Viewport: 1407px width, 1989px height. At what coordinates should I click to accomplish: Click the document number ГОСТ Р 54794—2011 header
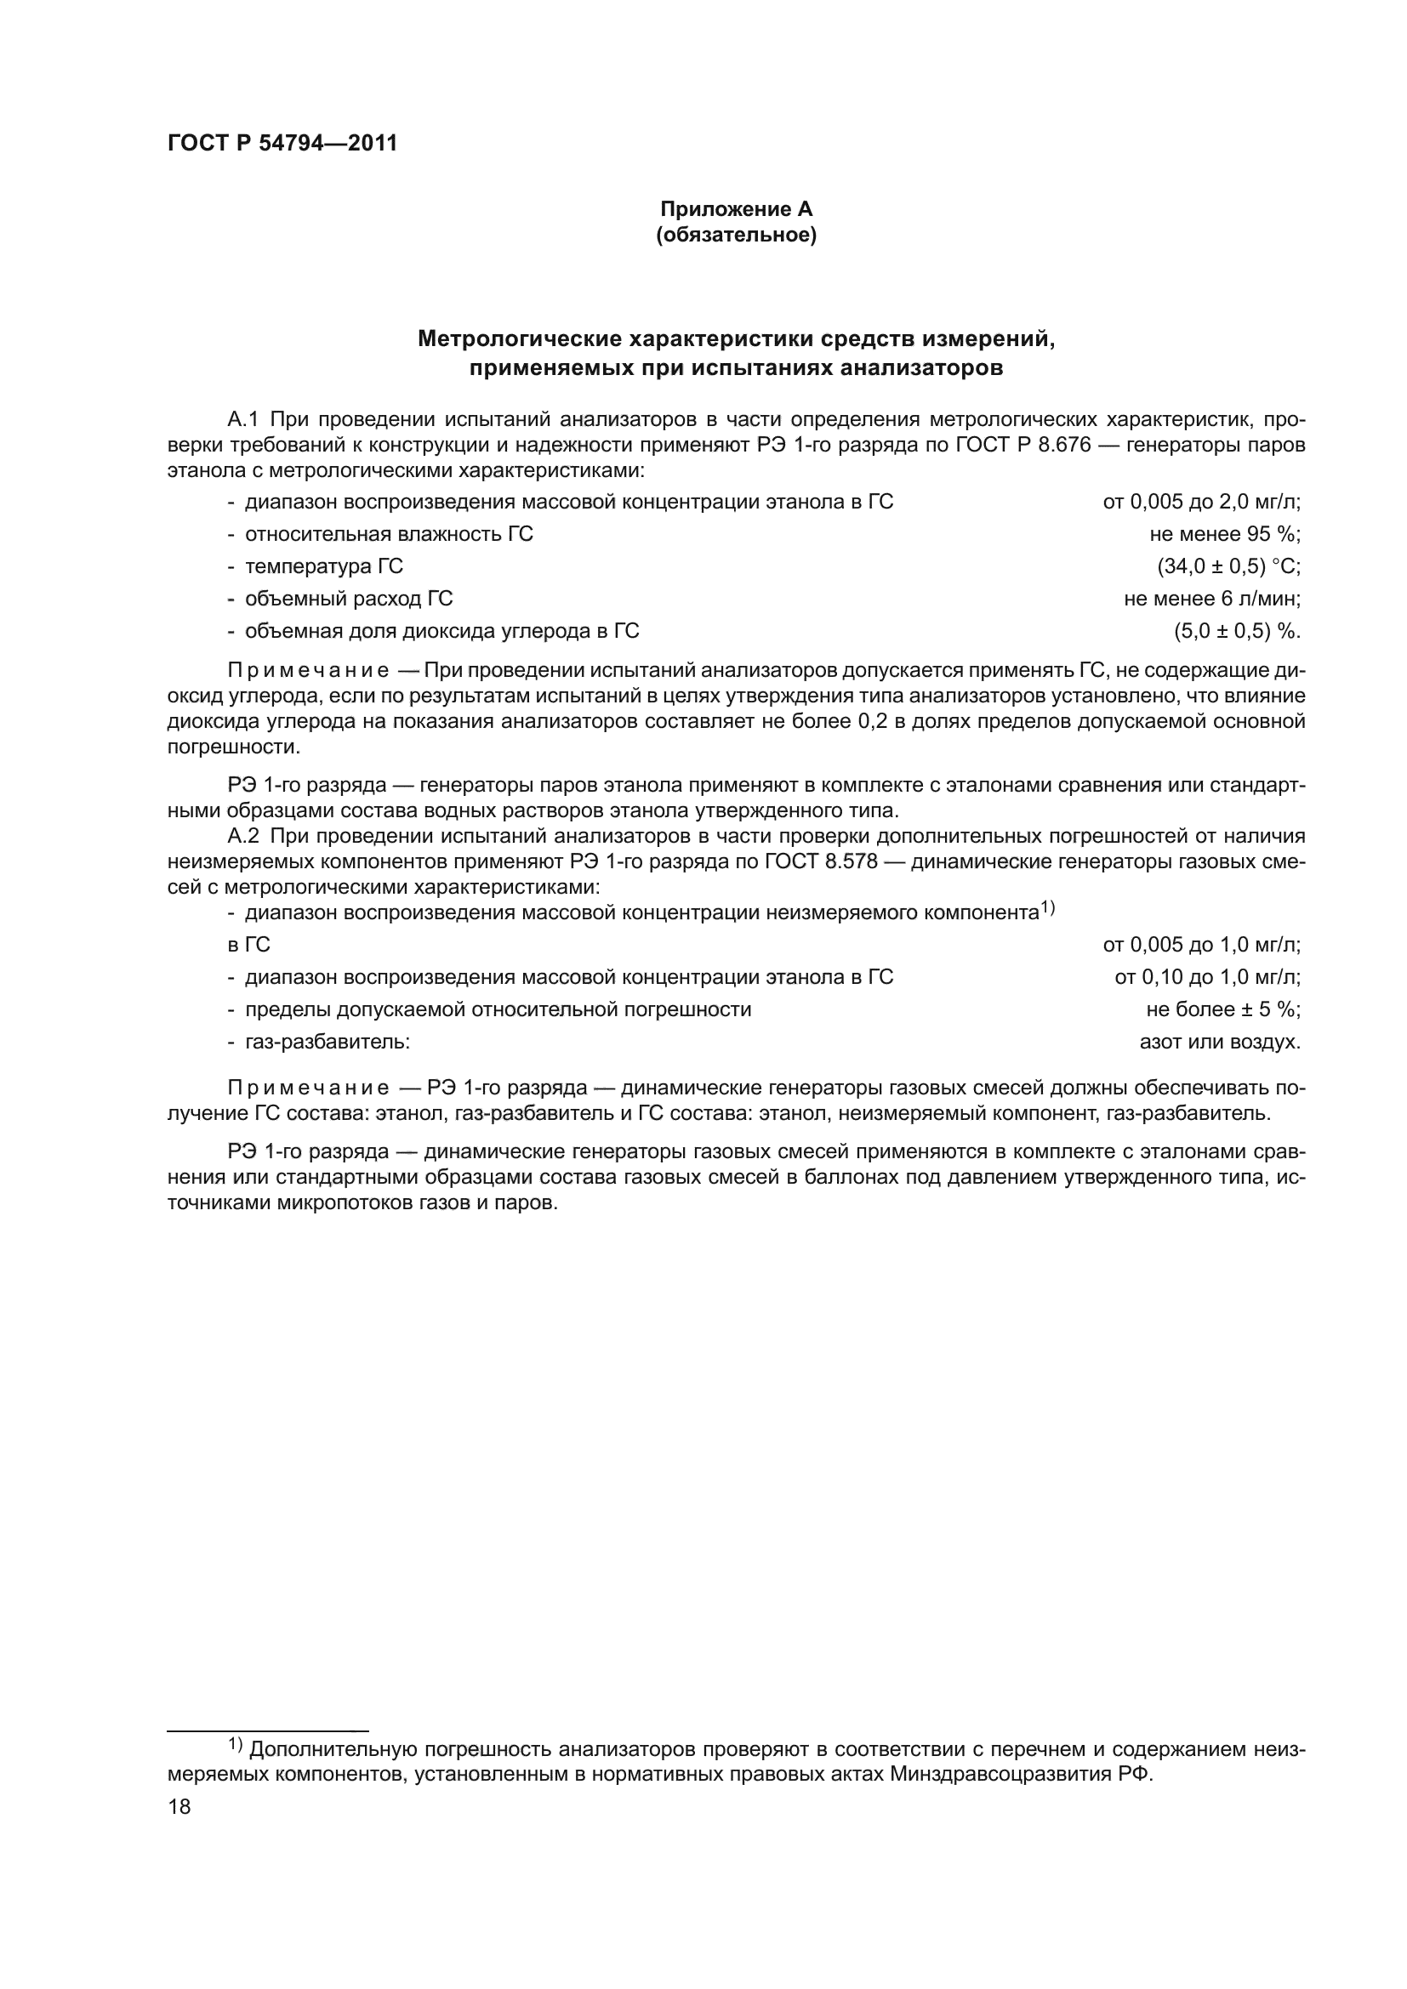[282, 144]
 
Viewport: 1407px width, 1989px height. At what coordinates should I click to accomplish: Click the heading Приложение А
[737, 209]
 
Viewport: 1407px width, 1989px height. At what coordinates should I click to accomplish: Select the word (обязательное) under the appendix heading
[737, 235]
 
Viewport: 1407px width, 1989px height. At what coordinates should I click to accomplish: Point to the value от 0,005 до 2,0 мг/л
[1202, 502]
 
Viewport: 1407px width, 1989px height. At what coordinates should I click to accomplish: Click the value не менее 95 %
[1225, 534]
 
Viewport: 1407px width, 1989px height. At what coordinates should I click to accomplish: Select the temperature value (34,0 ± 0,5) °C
[1228, 566]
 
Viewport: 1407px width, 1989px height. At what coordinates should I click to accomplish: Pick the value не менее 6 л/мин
[1212, 599]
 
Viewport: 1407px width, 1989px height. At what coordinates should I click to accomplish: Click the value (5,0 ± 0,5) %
[1237, 631]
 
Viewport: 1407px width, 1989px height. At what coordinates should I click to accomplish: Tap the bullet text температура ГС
[323, 566]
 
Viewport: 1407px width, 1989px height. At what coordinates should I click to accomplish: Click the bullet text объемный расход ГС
[348, 599]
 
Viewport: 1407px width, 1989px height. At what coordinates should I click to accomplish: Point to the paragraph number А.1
[242, 420]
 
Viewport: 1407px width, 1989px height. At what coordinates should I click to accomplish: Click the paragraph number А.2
[242, 836]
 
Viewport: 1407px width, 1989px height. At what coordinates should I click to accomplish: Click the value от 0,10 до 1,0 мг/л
[1207, 977]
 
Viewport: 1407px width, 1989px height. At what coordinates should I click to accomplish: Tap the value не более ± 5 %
[1223, 1009]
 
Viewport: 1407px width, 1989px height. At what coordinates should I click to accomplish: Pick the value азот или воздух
[1220, 1042]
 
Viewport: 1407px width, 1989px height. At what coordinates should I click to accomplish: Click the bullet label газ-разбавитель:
[327, 1042]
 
